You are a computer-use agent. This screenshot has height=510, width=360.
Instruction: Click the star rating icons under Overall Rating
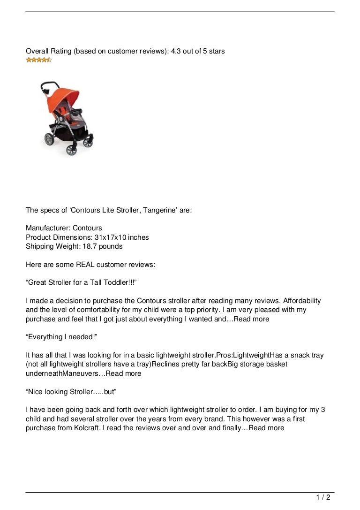[x=38, y=60]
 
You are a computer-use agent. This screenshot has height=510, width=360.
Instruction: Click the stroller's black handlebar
[x=46, y=86]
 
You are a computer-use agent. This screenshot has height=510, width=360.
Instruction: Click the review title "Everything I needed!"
[x=58, y=337]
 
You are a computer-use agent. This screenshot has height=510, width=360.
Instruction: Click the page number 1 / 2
[x=323, y=498]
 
